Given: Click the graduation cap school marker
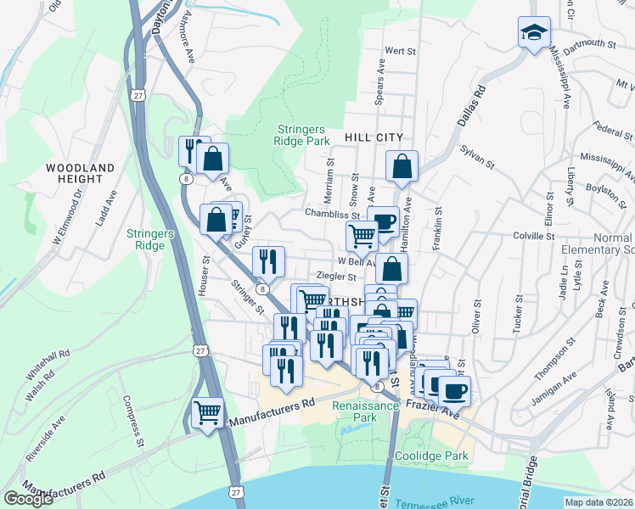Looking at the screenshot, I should [532, 33].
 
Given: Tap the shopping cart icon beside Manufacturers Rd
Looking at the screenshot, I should [207, 413].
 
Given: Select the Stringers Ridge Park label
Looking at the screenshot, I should [299, 136].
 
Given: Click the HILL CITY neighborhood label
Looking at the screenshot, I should [373, 137].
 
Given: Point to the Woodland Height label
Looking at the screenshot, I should [81, 174].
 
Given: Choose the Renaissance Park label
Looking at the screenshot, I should [365, 411].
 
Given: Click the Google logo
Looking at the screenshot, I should [28, 499].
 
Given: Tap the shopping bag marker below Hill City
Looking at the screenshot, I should [402, 166].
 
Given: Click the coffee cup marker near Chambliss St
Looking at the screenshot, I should [385, 221].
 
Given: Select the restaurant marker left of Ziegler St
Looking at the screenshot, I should [269, 260].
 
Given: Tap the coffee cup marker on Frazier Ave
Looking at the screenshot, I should [455, 391].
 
